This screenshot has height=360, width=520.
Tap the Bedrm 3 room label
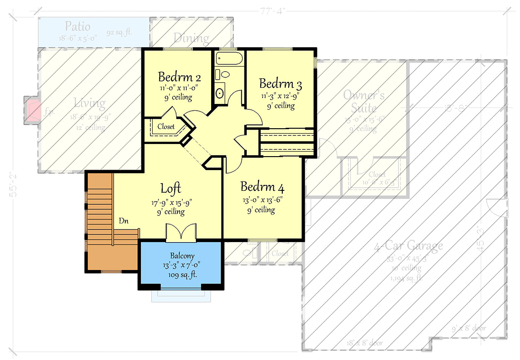point(280,84)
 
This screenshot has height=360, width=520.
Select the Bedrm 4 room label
point(262,187)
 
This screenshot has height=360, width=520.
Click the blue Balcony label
point(182,256)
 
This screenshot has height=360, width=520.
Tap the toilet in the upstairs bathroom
point(223,74)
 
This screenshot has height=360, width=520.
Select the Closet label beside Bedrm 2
point(166,127)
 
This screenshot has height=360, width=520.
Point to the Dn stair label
point(125,221)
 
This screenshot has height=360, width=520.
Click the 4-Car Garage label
point(408,246)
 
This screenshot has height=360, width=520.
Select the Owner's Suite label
point(364,102)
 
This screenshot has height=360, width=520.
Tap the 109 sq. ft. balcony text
point(182,274)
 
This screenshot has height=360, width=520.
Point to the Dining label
point(191,38)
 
